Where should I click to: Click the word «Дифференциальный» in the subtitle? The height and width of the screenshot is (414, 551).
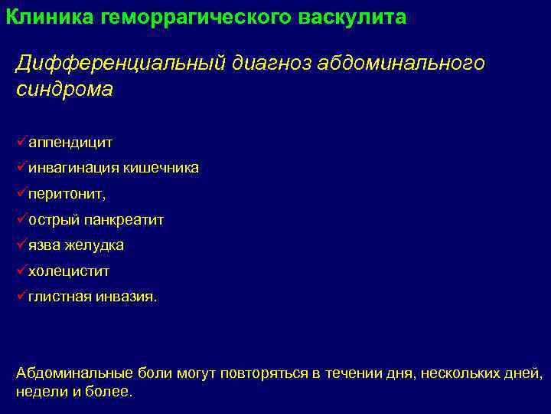click(x=119, y=63)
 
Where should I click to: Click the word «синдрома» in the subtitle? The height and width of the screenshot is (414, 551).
click(x=64, y=90)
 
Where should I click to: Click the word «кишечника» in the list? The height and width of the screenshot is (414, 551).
click(x=162, y=168)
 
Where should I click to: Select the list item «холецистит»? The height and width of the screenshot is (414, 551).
click(x=69, y=271)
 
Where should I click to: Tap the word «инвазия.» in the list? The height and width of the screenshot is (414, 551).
click(x=126, y=297)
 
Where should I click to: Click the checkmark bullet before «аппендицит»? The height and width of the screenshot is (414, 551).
click(x=21, y=142)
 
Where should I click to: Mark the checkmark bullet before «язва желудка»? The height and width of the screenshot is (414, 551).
click(x=21, y=245)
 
